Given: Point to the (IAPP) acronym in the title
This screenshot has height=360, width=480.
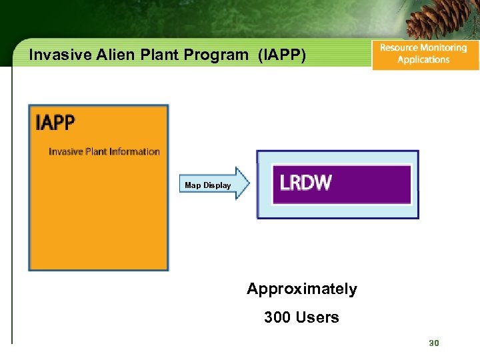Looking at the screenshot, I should pyautogui.click(x=282, y=55).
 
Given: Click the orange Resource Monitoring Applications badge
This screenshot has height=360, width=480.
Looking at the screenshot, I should pyautogui.click(x=425, y=54).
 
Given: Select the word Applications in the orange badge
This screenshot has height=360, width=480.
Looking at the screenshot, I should pyautogui.click(x=423, y=60).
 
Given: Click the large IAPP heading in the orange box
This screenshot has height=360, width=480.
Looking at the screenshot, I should pyautogui.click(x=55, y=123).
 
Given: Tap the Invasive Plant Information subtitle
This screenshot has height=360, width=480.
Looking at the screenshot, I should pyautogui.click(x=104, y=151).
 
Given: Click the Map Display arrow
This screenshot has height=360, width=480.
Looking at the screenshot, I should pyautogui.click(x=213, y=185).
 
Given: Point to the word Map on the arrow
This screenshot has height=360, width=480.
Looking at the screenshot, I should pyautogui.click(x=192, y=185).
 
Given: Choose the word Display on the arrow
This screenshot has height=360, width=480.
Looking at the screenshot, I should pyautogui.click(x=217, y=185).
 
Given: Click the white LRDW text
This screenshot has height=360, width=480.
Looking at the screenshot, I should pyautogui.click(x=306, y=183).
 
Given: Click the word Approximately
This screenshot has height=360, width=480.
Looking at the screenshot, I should pyautogui.click(x=301, y=289).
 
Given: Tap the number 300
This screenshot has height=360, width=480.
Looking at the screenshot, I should pyautogui.click(x=277, y=317).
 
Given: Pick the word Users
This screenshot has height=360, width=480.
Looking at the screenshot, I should pyautogui.click(x=317, y=317).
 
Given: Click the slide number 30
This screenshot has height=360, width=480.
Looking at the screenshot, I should pyautogui.click(x=433, y=343).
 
